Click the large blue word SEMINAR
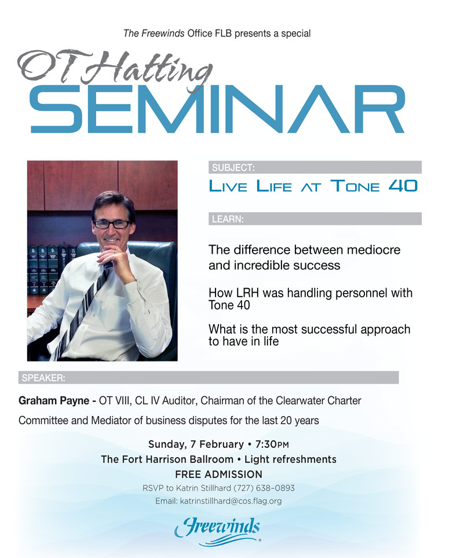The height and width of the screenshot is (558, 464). [x=217, y=110]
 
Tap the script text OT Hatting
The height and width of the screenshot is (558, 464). [x=115, y=69]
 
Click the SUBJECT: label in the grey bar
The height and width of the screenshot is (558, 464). [x=233, y=167]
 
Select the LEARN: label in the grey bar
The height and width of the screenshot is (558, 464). [x=228, y=219]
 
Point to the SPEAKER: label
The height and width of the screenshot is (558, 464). [x=43, y=378]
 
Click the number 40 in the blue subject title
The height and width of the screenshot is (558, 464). [x=403, y=186]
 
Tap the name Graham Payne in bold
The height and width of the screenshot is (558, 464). [x=54, y=401]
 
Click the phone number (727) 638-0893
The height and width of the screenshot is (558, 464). [x=264, y=488]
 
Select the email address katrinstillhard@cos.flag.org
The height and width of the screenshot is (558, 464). [x=231, y=501]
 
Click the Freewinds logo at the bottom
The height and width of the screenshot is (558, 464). [x=218, y=531]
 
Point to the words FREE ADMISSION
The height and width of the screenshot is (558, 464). [x=218, y=475]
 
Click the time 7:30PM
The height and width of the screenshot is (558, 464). [x=272, y=444]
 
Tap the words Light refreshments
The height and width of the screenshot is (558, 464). [x=290, y=459]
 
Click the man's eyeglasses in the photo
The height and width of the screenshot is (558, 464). [x=112, y=224]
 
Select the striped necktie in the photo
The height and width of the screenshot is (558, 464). [x=83, y=307]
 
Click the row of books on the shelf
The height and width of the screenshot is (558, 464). [x=52, y=270]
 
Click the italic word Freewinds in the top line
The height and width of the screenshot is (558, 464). [x=163, y=34]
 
